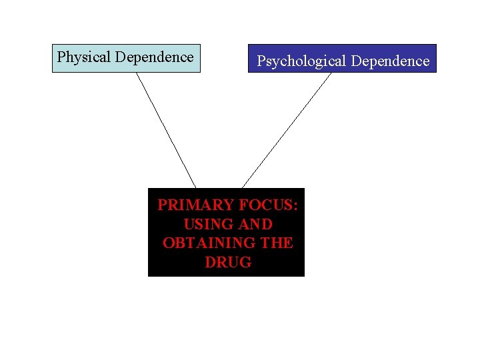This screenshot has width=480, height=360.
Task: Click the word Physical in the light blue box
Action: click(84, 57)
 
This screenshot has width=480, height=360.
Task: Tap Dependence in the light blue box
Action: click(154, 57)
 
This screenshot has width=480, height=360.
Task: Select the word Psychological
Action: click(302, 61)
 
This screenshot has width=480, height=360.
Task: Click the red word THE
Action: click(277, 243)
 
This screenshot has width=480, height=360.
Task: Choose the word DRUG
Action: click(228, 262)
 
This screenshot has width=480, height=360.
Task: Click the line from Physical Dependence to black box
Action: click(166, 130)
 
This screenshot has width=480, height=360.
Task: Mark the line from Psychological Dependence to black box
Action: click(287, 130)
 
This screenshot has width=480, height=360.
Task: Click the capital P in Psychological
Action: click(261, 61)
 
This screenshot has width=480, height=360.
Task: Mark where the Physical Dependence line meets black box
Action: click(195, 188)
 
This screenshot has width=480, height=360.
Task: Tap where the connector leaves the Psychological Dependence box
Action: click(331, 73)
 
